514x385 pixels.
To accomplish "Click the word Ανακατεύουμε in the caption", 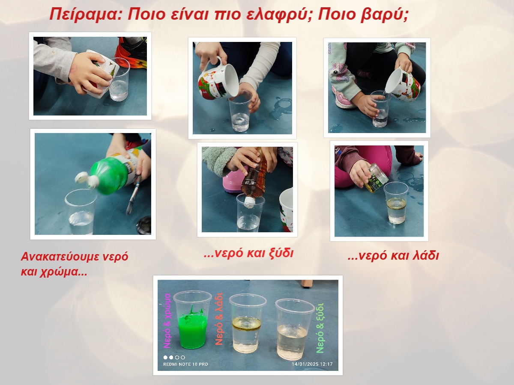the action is tap(60, 257).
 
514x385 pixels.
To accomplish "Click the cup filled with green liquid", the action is tap(192, 320).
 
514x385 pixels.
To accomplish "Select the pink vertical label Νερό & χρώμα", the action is tap(167, 321).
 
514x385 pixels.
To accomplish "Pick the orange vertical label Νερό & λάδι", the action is tap(219, 319).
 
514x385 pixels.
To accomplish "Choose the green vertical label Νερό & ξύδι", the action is tap(320, 328).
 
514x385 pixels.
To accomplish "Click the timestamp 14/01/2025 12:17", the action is tap(312, 364).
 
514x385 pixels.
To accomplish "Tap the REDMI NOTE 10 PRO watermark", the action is tap(185, 364).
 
